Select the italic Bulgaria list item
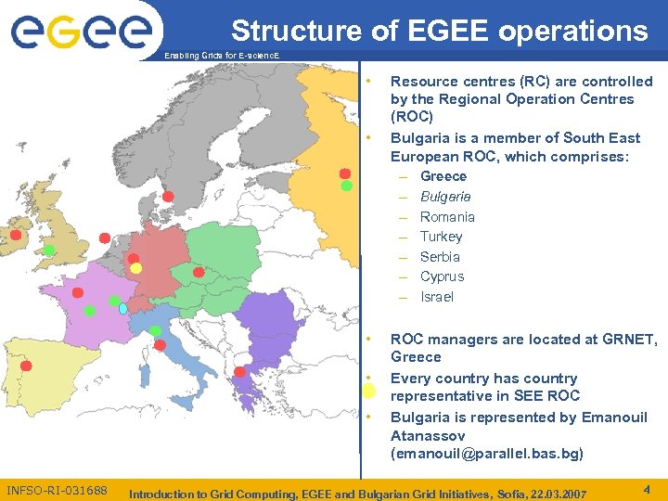point(445,197)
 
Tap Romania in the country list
point(447,217)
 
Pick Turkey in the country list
point(441,237)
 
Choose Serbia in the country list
point(440,257)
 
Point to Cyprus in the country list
point(442,276)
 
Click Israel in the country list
point(437,297)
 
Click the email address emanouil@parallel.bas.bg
point(487,455)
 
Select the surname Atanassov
point(428,435)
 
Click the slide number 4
point(645,488)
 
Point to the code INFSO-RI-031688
point(57,490)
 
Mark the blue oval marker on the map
point(122,308)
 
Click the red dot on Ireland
point(16,222)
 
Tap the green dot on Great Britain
point(48,251)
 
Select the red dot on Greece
point(239,372)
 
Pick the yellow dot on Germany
point(135,268)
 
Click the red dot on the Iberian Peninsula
point(26,366)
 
